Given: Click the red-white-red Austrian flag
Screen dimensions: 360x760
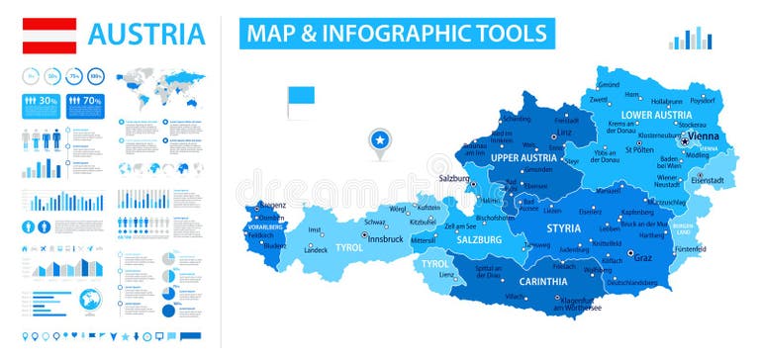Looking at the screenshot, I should (49, 36).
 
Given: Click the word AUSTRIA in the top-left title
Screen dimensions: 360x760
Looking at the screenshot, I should (146, 35).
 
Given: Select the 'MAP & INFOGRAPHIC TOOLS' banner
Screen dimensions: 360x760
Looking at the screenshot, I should (396, 33).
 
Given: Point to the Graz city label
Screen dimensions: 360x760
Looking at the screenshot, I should (643, 258).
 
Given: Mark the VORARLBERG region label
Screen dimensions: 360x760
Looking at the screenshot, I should (265, 226).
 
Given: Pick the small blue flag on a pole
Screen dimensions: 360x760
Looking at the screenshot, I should (300, 99).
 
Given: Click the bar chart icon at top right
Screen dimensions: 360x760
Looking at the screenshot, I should (690, 39).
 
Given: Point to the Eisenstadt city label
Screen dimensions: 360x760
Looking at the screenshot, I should (709, 180).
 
